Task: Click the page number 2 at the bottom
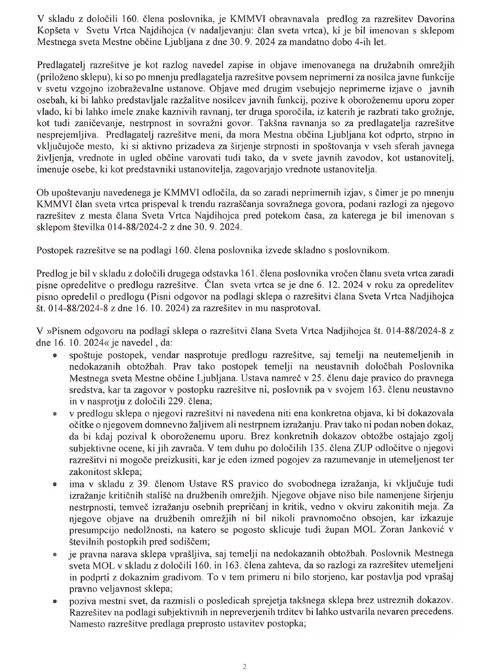tap(245, 666)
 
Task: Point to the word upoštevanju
tap(75, 192)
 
